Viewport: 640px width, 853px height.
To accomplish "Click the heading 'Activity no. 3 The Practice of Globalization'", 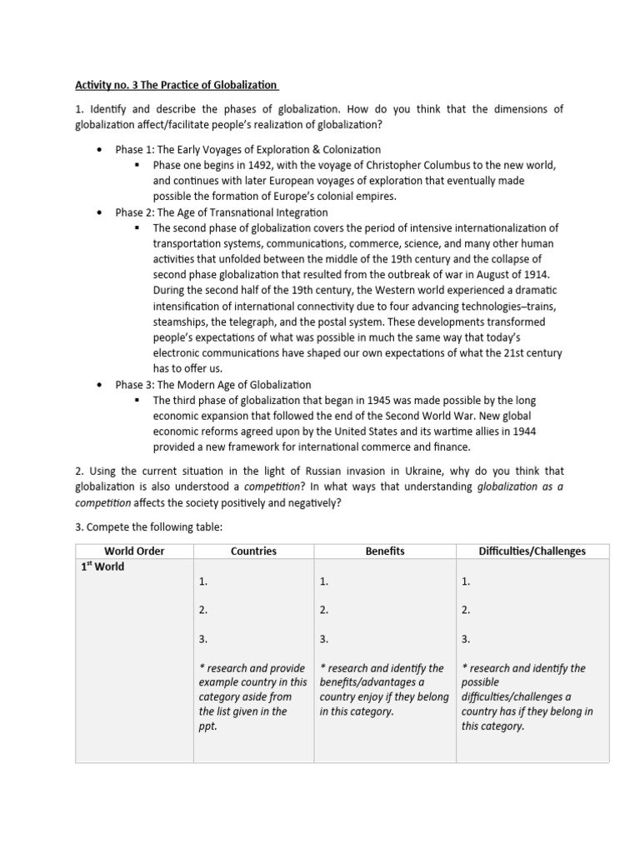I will click(x=177, y=85).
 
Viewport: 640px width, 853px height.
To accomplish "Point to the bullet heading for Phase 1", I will click(x=247, y=150).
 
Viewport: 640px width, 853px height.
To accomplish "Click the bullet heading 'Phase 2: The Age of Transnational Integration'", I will click(x=222, y=212).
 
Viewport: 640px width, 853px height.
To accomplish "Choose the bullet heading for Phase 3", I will click(x=212, y=385).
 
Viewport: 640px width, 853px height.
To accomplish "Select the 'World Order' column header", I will click(x=134, y=551).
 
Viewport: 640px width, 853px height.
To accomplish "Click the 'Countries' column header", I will click(x=253, y=551).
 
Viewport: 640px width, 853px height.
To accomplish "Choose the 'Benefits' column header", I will click(x=384, y=551).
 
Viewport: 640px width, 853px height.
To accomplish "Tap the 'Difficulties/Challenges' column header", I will click(x=532, y=551).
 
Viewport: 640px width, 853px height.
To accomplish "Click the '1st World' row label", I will click(x=102, y=567).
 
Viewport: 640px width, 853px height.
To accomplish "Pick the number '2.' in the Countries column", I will click(x=203, y=610).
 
